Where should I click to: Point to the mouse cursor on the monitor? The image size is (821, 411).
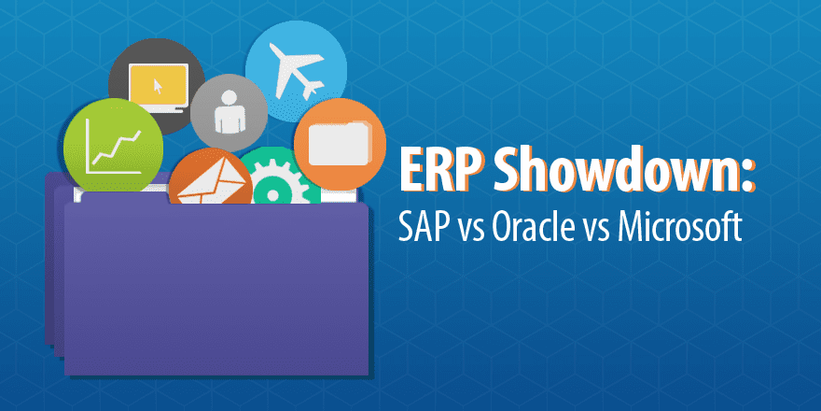(x=158, y=87)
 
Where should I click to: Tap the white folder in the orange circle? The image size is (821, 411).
(x=339, y=143)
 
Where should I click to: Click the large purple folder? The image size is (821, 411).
(x=215, y=280)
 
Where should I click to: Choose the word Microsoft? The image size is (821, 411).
(x=687, y=227)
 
